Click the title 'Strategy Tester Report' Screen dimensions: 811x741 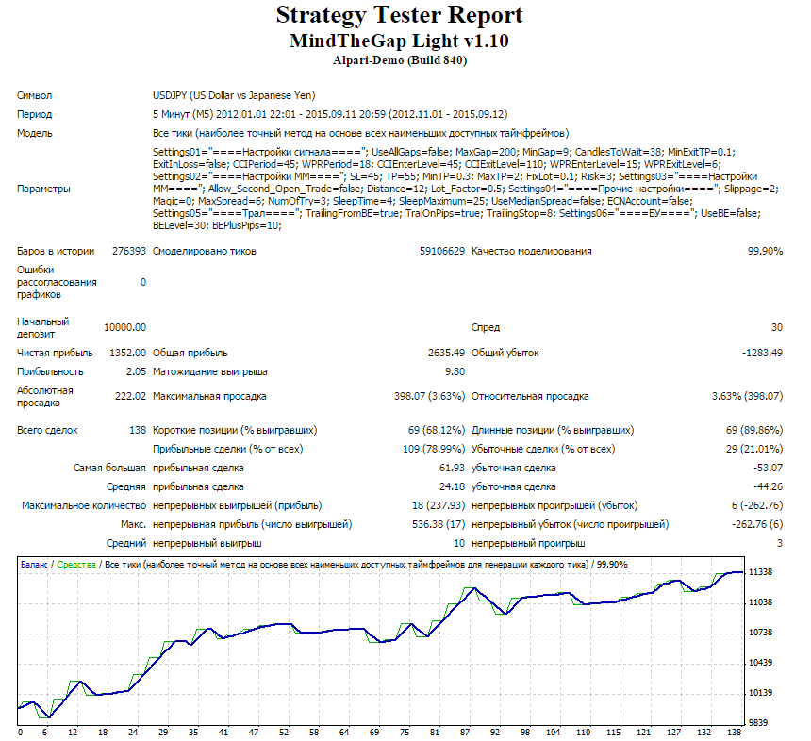pos(399,15)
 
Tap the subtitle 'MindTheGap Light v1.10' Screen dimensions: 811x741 pos(399,41)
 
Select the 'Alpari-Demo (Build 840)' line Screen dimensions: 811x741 pos(400,60)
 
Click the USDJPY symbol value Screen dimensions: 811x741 pos(234,95)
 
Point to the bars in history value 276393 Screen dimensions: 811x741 pos(129,252)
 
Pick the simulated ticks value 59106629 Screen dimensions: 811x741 pos(442,252)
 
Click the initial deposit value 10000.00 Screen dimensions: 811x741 pos(125,327)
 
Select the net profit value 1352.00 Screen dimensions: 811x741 pos(127,353)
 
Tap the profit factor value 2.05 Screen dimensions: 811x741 pos(136,371)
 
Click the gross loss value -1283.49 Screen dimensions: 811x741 pos(762,353)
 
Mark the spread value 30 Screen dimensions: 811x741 pos(777,327)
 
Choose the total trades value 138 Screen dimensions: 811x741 pos(138,430)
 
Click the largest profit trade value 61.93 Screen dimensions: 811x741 pos(452,468)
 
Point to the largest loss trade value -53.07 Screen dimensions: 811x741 pos(768,468)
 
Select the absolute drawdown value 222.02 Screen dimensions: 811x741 pos(130,397)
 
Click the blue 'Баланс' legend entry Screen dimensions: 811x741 pos(34,565)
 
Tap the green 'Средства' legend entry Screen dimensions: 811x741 pos(76,565)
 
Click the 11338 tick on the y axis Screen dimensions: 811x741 pos(760,572)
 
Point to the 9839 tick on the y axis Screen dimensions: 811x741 pos(758,723)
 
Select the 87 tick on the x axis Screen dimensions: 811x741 pos(465,733)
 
